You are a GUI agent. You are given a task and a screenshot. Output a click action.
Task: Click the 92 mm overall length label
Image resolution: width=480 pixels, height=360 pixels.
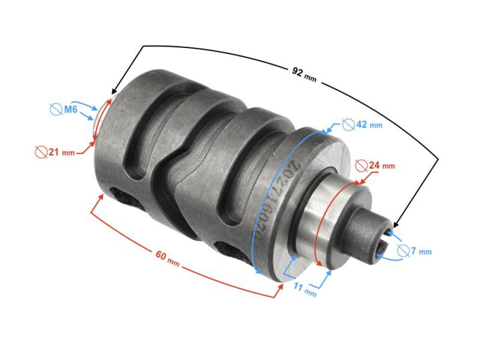(304, 74)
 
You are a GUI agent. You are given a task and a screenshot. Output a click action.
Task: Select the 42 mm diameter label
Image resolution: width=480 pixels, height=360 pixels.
(368, 125)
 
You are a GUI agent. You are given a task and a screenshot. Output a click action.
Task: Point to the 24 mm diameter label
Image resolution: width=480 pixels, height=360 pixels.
(381, 165)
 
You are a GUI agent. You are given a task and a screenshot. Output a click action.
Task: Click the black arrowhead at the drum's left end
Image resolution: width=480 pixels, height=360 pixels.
(112, 92)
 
